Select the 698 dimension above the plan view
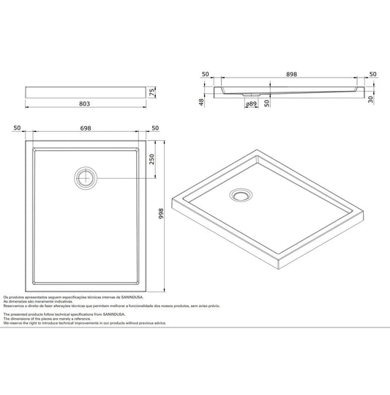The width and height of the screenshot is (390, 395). coord(86,129)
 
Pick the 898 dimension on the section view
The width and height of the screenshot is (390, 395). coord(293,74)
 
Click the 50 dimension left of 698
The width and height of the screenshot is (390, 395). coord(16,129)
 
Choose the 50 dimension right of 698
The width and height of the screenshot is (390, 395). coord(155,129)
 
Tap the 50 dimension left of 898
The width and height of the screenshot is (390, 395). coord(206,74)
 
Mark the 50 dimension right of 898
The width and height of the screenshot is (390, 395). coord(372,74)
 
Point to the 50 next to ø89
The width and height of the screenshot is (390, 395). coord(268,103)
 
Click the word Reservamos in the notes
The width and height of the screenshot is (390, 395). coord(18,306)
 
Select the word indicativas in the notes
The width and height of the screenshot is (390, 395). coord(59,301)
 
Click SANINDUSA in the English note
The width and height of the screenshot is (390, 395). coord(116,314)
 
